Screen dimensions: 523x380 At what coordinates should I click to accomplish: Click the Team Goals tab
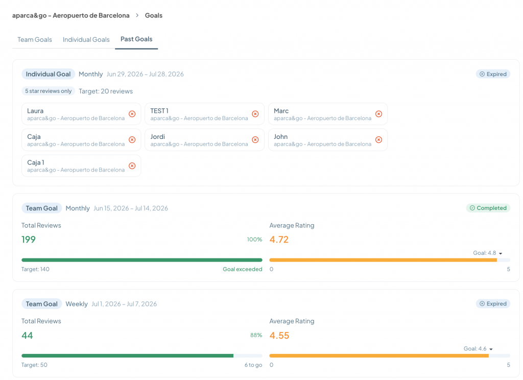[x=35, y=39]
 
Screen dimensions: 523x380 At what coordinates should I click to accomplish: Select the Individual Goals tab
[x=86, y=39]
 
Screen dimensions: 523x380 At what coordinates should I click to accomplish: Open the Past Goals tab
[x=136, y=39]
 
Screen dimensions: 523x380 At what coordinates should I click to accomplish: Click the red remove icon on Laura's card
[x=132, y=114]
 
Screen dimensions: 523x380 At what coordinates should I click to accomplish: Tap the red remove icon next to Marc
[x=378, y=114]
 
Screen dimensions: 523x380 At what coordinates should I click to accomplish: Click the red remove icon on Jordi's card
[x=255, y=140]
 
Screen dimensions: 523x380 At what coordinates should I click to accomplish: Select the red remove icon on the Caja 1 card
[x=132, y=166]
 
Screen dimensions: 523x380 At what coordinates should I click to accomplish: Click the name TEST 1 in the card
[x=159, y=111]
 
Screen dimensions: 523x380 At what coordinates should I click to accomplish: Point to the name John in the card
[x=280, y=137]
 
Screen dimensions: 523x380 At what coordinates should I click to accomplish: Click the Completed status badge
[x=488, y=208]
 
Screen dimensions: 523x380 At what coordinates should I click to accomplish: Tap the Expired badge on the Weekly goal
[x=493, y=303]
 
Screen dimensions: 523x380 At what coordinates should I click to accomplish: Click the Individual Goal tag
[x=49, y=74]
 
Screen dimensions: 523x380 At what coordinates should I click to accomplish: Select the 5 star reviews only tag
[x=49, y=91]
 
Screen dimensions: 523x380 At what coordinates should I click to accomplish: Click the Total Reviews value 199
[x=29, y=240]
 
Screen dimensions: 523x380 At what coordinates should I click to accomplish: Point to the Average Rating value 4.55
[x=279, y=335]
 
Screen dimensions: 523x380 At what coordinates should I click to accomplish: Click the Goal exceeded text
[x=243, y=269]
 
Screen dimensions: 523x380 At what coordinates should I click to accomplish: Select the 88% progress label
[x=256, y=335]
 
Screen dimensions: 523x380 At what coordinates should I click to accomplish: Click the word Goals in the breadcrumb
[x=153, y=15]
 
